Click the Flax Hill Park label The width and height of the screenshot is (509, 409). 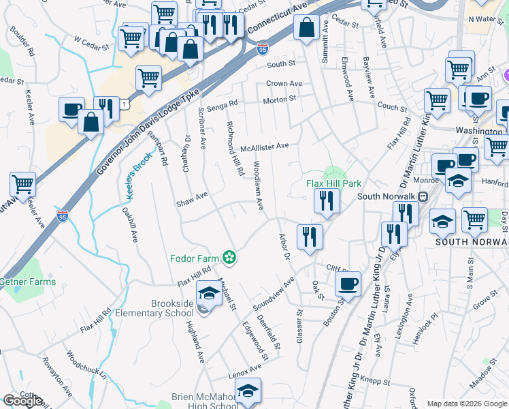pyautogui.click(x=333, y=183)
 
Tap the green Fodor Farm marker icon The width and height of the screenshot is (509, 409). pyautogui.click(x=230, y=258)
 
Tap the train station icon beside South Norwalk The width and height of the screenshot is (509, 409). pyautogui.click(x=422, y=197)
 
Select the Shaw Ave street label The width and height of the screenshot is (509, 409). pyautogui.click(x=191, y=202)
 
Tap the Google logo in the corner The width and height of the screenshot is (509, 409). pyautogui.click(x=22, y=401)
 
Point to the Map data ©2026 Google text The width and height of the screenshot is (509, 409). pyautogui.click(x=466, y=404)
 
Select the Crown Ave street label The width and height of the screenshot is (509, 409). pyautogui.click(x=284, y=83)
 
